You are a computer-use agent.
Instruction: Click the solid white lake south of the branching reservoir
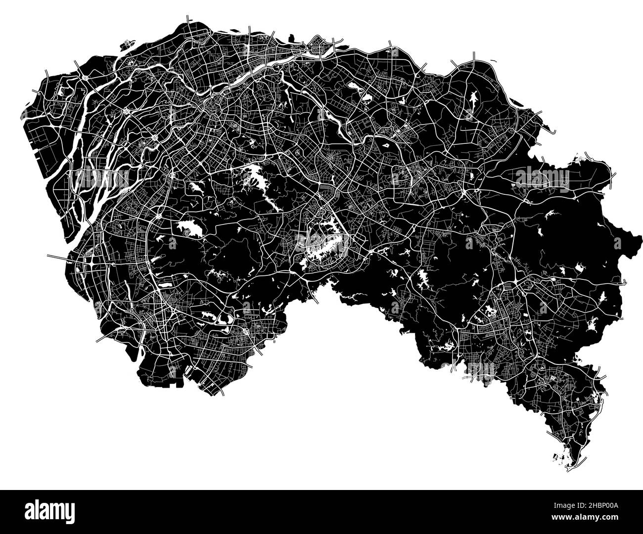188,228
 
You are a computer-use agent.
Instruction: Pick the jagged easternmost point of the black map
635,242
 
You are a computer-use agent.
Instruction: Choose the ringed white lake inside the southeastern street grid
490,311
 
